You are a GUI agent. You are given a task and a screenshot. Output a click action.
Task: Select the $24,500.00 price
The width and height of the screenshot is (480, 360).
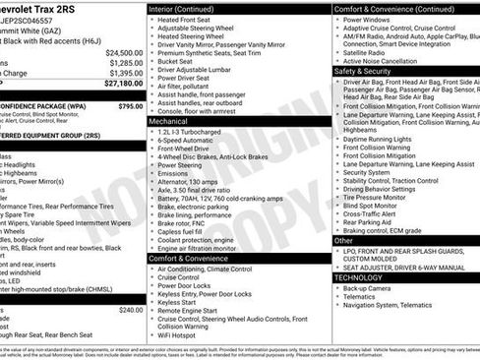point(124,52)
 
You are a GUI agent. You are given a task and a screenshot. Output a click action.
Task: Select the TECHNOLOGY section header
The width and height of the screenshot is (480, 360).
point(367,277)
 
